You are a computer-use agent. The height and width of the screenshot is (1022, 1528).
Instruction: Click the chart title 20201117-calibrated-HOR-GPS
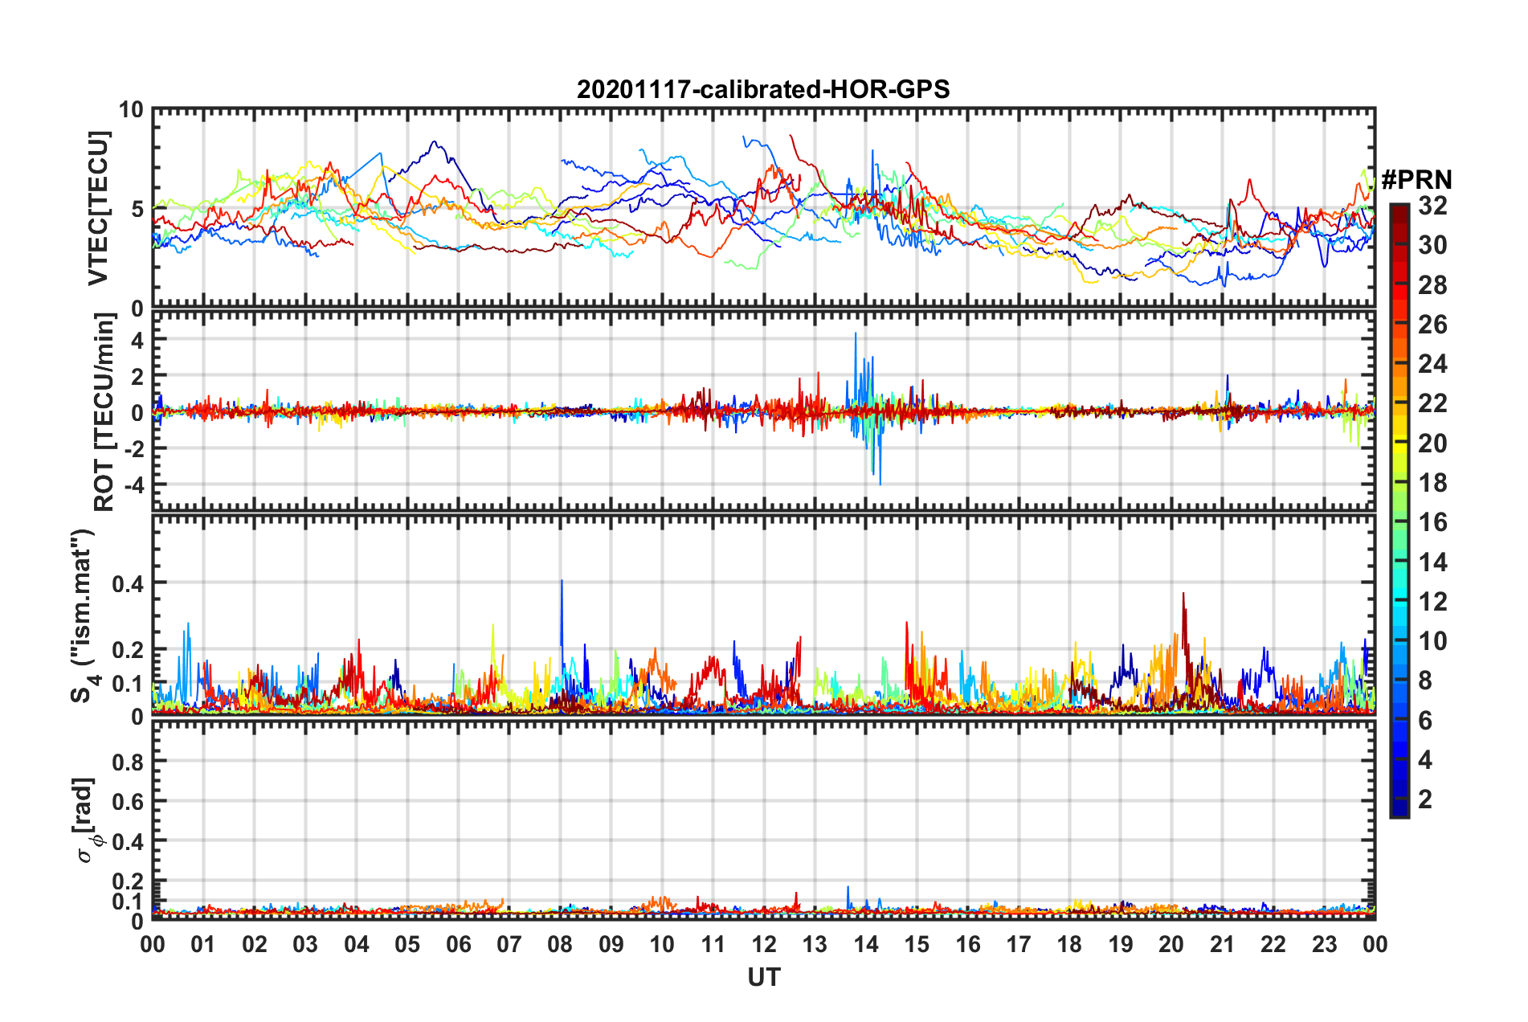pyautogui.click(x=763, y=89)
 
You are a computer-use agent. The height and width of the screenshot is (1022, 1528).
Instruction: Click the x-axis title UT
pyautogui.click(x=763, y=977)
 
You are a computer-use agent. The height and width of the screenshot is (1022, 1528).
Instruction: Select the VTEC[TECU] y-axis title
pyautogui.click(x=98, y=208)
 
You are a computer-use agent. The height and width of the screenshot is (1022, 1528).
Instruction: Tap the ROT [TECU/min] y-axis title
pyautogui.click(x=104, y=412)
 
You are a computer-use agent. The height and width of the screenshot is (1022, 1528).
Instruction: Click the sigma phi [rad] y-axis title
pyautogui.click(x=88, y=820)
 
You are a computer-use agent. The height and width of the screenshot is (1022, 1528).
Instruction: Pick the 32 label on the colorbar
pyautogui.click(x=1432, y=206)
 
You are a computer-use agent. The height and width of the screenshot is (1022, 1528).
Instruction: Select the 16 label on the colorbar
pyautogui.click(x=1432, y=522)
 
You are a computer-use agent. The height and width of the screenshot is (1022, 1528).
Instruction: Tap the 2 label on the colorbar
pyautogui.click(x=1425, y=799)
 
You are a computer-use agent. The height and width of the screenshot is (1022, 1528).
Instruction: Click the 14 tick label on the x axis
pyautogui.click(x=865, y=944)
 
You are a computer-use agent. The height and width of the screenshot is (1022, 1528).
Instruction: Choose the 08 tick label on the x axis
pyautogui.click(x=560, y=944)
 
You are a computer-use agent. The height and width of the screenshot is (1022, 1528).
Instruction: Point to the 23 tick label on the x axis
pyautogui.click(x=1324, y=944)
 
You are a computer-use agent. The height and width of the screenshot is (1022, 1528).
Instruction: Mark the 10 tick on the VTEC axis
pyautogui.click(x=131, y=110)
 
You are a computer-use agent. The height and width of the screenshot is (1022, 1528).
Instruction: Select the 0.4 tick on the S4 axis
pyautogui.click(x=128, y=583)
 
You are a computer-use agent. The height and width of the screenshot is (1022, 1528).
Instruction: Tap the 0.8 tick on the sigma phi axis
pyautogui.click(x=128, y=762)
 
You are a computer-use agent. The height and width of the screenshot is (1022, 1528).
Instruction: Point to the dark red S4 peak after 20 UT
pyautogui.click(x=1183, y=595)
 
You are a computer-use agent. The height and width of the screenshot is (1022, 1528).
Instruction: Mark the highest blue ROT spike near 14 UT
pyautogui.click(x=856, y=333)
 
